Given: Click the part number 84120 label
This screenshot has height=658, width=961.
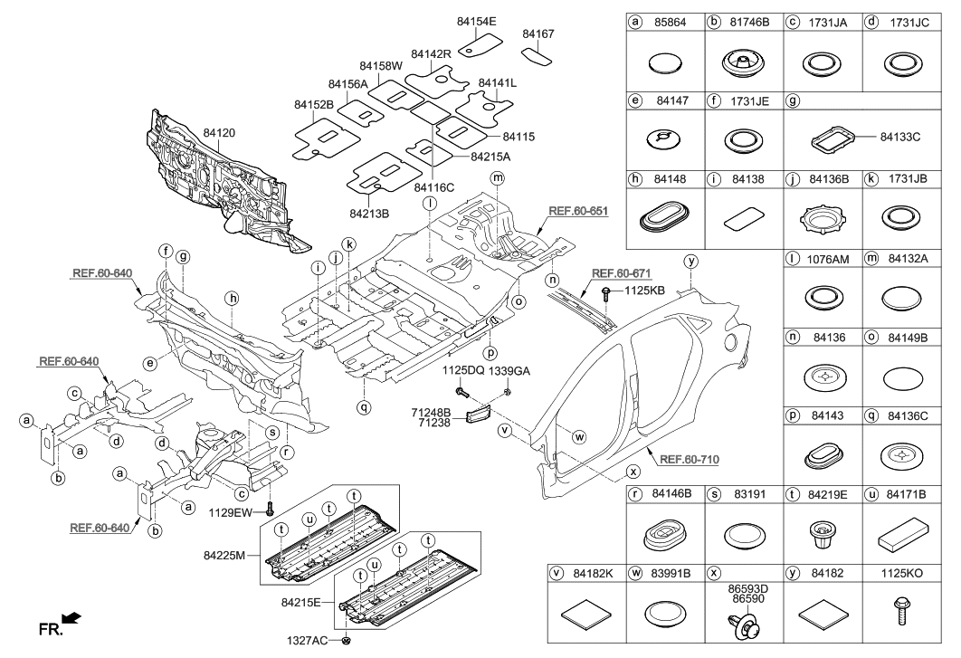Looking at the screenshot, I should (x=220, y=132).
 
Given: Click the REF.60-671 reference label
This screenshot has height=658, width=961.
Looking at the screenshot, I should (x=621, y=272).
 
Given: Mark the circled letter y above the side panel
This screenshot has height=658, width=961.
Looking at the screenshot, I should (x=691, y=261).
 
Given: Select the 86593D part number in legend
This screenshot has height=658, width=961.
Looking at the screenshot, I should (x=744, y=586).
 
